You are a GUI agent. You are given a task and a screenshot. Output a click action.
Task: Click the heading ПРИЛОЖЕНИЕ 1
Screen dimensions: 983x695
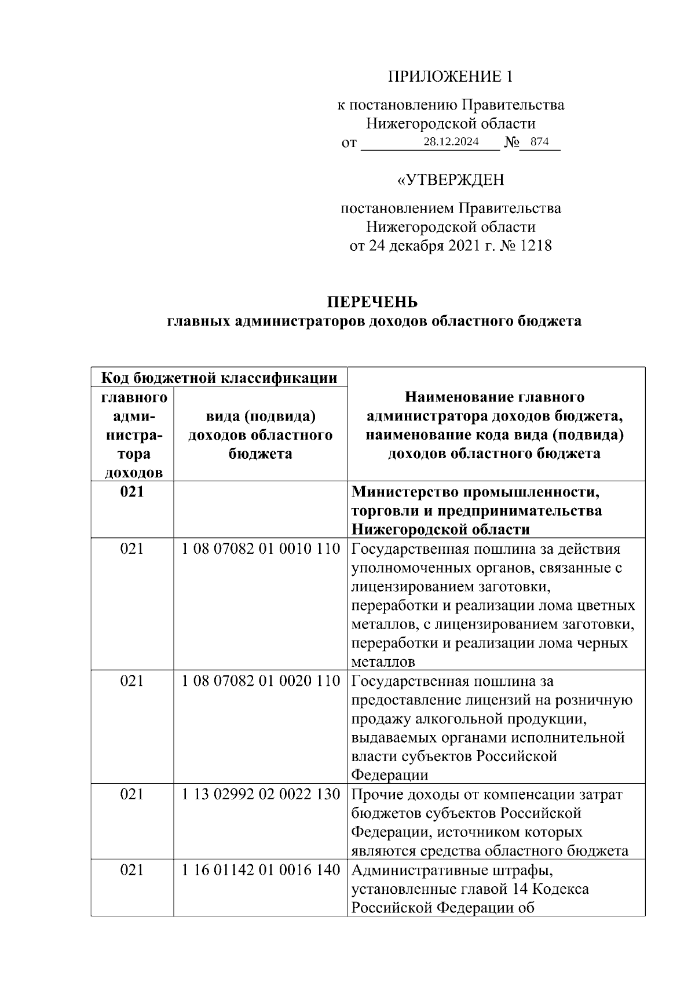450,76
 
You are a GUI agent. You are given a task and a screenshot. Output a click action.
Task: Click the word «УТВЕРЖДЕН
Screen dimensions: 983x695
450,180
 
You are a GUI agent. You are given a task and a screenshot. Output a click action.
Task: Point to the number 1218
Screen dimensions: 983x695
536,246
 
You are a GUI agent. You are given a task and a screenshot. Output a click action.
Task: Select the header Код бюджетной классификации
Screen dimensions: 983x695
219,378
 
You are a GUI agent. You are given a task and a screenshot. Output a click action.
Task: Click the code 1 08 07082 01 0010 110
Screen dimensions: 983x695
261,549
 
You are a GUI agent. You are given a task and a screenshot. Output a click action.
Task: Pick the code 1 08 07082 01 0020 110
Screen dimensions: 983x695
261,681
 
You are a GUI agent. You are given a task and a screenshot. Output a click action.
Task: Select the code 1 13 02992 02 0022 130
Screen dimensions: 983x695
261,794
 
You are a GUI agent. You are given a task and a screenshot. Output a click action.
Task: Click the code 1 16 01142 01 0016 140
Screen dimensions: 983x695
261,870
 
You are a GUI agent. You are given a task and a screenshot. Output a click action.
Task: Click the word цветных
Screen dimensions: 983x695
608,606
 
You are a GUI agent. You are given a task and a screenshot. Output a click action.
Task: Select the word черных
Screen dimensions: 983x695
602,644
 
